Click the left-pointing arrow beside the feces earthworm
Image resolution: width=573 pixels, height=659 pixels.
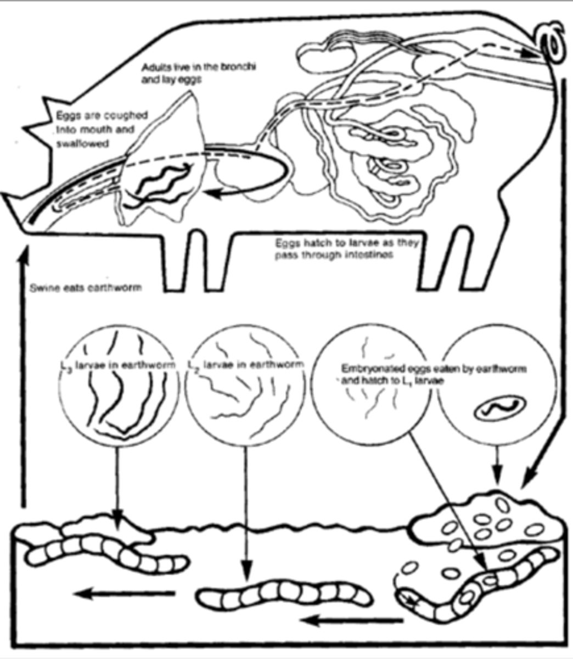[x=351, y=621]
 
